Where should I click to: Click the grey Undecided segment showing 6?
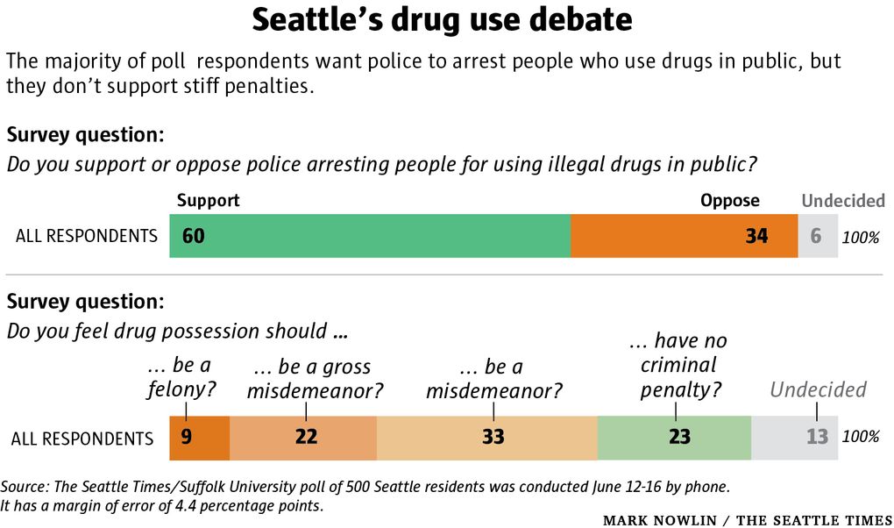coord(817,236)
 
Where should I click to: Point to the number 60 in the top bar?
coord(194,236)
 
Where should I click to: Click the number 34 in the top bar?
coord(756,236)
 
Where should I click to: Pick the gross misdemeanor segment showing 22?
coord(305,437)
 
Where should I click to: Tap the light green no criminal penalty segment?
coord(675,437)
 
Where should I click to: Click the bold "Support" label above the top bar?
coord(208,201)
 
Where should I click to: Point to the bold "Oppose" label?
coord(729,201)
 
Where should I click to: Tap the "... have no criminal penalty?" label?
coord(678,365)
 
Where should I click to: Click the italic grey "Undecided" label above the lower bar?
coord(818,389)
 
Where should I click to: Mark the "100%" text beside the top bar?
coord(860,238)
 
